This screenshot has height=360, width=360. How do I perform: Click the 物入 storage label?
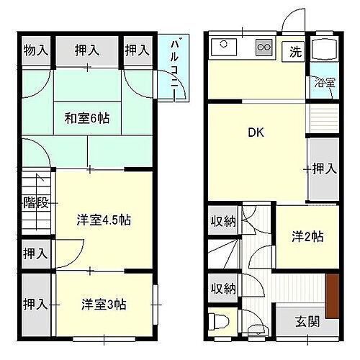(x=35, y=50)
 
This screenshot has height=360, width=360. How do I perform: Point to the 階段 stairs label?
(x=35, y=202)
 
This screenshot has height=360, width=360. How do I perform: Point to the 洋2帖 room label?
(x=307, y=235)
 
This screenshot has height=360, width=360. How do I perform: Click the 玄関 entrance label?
(x=307, y=320)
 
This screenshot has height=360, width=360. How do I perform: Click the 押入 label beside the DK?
(x=323, y=169)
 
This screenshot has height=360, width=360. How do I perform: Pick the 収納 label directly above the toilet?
(x=223, y=288)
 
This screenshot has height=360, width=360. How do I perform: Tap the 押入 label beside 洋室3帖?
(x=35, y=303)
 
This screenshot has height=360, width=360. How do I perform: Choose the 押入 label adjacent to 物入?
(x=87, y=50)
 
